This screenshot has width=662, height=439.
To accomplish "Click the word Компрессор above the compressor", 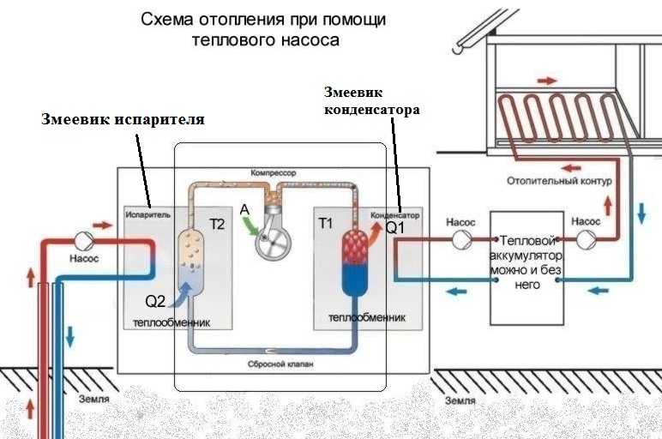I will [x=274, y=173].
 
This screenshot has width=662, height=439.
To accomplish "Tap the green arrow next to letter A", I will [x=250, y=225].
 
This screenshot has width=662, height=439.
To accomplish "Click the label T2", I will [x=217, y=225].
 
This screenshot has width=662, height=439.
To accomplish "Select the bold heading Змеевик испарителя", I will [x=123, y=119].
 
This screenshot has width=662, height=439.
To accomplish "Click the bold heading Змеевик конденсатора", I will [x=370, y=101].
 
